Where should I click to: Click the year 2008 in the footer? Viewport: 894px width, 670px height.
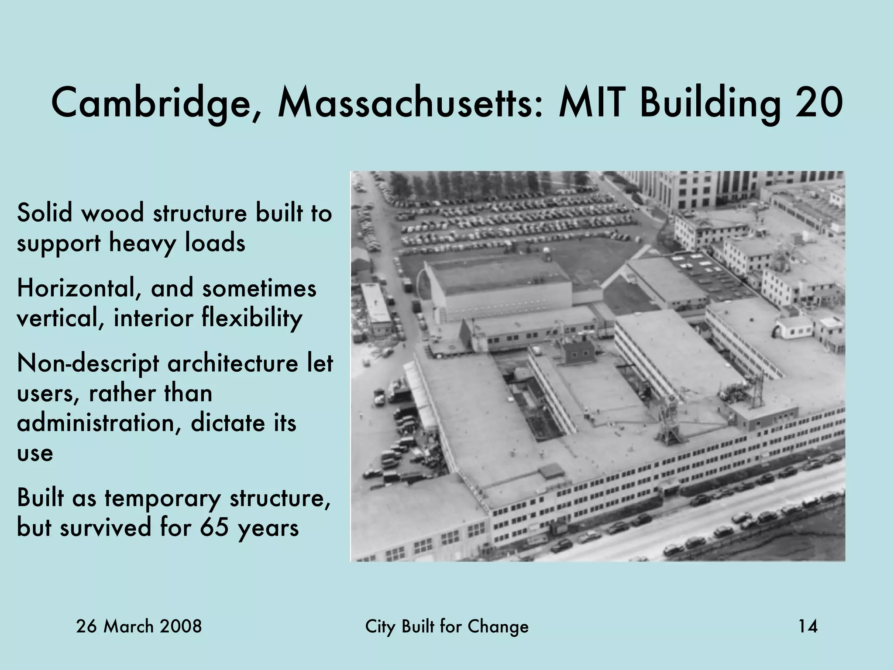click(x=181, y=627)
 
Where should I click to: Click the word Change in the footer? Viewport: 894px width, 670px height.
click(x=498, y=627)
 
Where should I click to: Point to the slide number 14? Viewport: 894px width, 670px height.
click(x=808, y=627)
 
